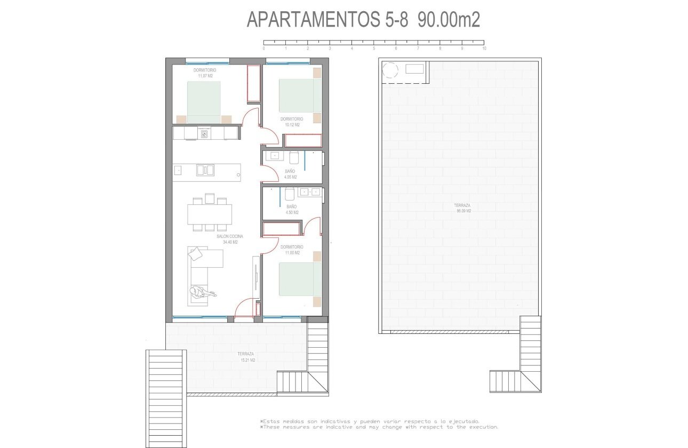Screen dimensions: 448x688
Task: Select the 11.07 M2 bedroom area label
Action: click(x=205, y=76)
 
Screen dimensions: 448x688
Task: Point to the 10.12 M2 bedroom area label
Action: click(x=292, y=125)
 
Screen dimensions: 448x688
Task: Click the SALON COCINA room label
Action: click(x=230, y=236)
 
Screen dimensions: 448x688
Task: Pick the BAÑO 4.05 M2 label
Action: click(x=290, y=174)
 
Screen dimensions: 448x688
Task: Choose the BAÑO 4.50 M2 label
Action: click(x=291, y=209)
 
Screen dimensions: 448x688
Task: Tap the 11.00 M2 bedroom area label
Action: click(x=292, y=253)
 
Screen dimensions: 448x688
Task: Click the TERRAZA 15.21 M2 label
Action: click(x=246, y=357)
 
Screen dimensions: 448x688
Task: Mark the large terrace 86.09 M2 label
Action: click(x=462, y=208)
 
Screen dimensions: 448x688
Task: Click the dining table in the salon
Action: click(x=210, y=214)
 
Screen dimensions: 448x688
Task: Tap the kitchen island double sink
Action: click(x=205, y=170)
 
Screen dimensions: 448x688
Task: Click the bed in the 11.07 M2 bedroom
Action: click(x=204, y=101)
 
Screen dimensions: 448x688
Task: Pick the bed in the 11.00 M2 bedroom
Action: click(x=300, y=279)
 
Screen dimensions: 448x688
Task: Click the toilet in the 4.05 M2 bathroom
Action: click(x=294, y=158)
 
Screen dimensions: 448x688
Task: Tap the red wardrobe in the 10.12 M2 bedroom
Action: click(x=303, y=141)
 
